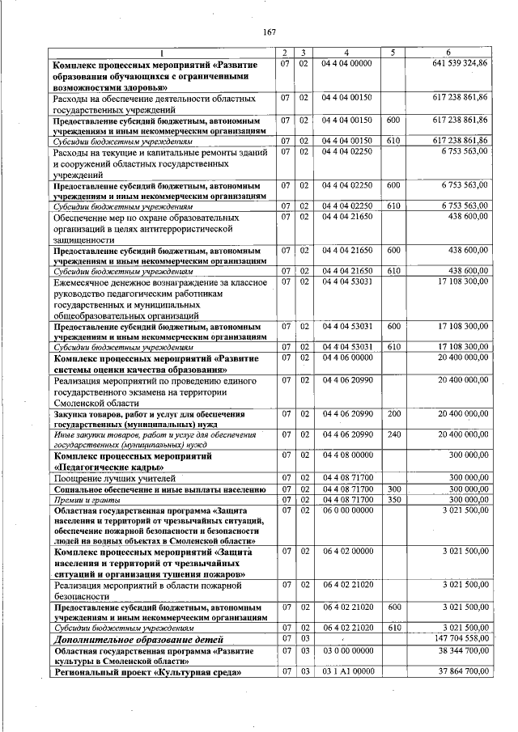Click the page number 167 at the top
(x=270, y=32)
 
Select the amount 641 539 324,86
(x=460, y=63)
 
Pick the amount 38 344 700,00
(x=461, y=649)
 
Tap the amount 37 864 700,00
(x=461, y=671)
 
